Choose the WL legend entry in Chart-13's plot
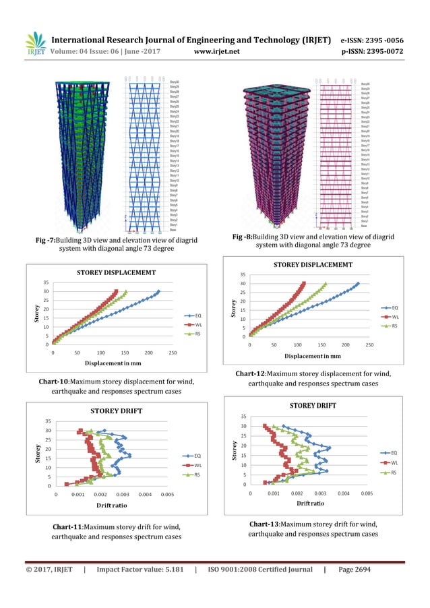pos(395,463)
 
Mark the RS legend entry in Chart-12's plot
pos(394,326)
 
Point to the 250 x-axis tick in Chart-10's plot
pos(173,353)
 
